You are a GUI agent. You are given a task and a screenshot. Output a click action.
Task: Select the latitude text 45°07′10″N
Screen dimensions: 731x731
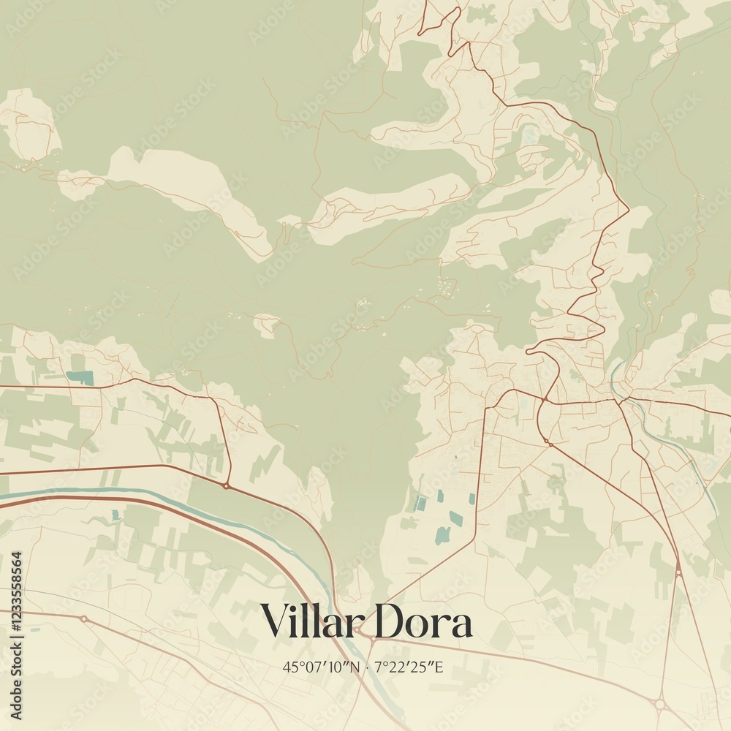pos(322,667)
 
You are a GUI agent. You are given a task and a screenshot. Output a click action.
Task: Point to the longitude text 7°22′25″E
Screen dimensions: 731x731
pos(409,667)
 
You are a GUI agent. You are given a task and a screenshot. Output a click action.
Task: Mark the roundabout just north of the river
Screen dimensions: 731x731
pos(227,485)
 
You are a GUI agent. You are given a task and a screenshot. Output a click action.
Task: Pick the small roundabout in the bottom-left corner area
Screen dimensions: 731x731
pos(83,619)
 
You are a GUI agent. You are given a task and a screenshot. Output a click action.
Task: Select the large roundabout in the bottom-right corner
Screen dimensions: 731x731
pos(659,703)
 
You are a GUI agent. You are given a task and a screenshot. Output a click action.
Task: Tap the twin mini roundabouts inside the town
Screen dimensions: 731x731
pos(546,441)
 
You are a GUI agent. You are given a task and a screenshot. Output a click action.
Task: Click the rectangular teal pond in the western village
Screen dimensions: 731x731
pos(80,378)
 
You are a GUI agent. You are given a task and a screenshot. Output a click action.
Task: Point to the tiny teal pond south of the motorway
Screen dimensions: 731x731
pos(115,516)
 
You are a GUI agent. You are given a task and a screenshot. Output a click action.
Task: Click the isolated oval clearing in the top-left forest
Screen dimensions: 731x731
pos(29,124)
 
